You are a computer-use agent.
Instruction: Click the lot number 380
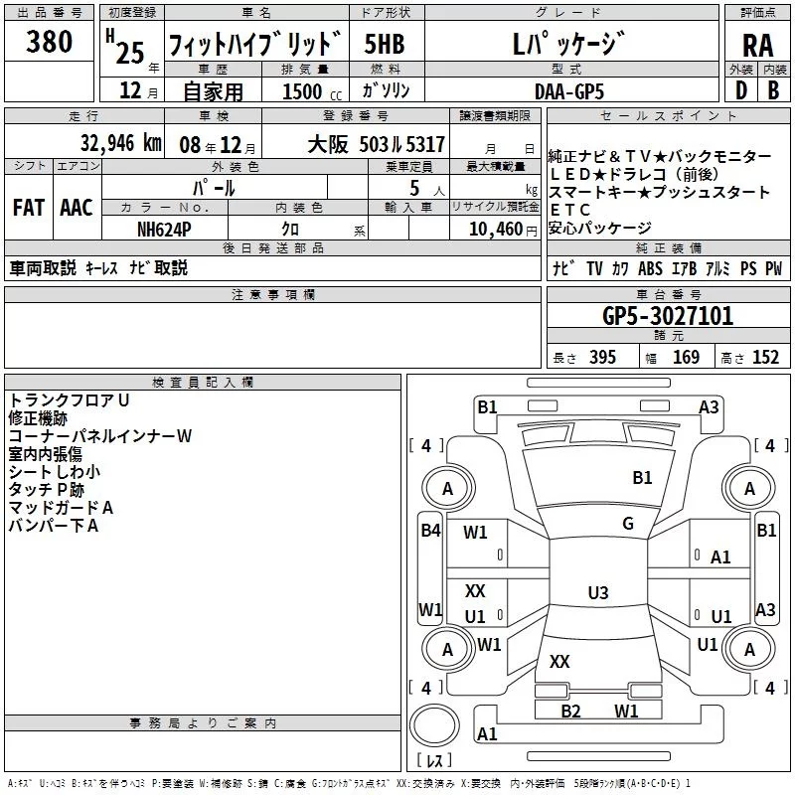(x=50, y=42)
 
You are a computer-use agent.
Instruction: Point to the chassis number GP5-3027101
(x=668, y=317)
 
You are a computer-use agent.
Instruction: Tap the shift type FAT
(x=28, y=208)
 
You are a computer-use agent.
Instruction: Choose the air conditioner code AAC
(x=77, y=208)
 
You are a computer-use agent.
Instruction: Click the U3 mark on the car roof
(x=597, y=593)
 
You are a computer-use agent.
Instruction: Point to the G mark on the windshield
(x=627, y=524)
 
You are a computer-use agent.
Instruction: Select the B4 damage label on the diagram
(x=429, y=530)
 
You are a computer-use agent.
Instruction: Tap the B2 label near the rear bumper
(x=570, y=711)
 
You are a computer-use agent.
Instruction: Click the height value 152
(x=765, y=358)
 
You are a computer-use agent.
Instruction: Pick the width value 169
(x=686, y=358)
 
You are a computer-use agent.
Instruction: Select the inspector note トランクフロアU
(x=69, y=399)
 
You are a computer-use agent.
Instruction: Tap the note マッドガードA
(x=61, y=508)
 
